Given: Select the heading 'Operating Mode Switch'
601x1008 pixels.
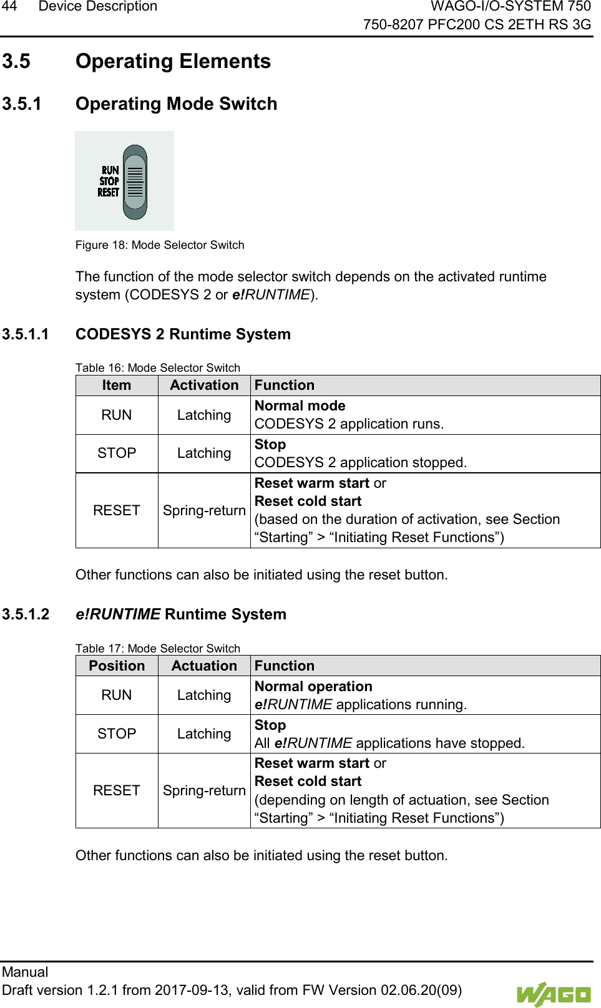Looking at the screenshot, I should [x=176, y=104].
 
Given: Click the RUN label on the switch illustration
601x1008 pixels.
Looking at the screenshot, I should [x=110, y=170].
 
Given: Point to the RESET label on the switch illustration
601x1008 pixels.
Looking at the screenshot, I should [x=108, y=193].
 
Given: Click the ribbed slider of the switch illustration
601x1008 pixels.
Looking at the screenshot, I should [x=135, y=182].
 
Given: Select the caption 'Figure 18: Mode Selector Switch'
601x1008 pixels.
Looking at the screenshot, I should [x=160, y=245].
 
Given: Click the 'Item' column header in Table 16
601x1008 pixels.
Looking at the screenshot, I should [x=117, y=385].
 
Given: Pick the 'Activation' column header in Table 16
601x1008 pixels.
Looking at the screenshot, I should [x=204, y=385].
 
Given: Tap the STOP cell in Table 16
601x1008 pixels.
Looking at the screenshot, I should [x=117, y=453].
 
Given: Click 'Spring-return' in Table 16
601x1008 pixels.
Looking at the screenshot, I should [x=204, y=511].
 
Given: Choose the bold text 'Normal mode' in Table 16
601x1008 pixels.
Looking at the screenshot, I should [x=300, y=406].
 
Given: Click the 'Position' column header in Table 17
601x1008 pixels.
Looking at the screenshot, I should [x=117, y=666].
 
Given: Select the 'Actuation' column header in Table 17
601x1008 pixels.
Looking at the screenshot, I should [x=204, y=666].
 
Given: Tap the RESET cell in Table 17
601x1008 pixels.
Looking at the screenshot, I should [x=117, y=791].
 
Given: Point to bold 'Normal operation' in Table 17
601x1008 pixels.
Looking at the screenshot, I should [x=313, y=687].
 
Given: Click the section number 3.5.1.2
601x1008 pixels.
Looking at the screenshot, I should [x=26, y=614].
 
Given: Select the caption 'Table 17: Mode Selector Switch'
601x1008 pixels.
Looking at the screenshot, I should [x=158, y=649].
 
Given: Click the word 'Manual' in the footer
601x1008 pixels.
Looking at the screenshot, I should [x=25, y=972].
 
